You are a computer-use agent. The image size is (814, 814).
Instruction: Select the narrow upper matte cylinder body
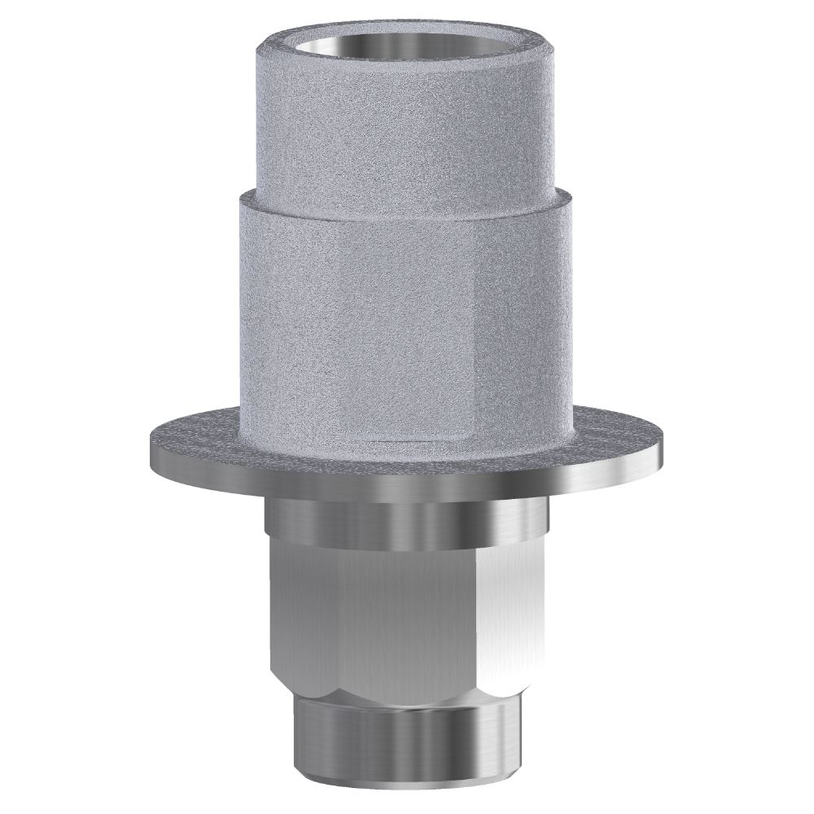click(x=407, y=122)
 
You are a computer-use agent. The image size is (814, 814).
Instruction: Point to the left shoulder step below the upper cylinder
click(x=251, y=189)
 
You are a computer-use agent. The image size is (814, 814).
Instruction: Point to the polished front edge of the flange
click(x=407, y=484)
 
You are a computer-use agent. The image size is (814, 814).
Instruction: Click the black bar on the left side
click(x=65, y=407)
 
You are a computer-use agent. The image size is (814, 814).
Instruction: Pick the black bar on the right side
click(x=749, y=407)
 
